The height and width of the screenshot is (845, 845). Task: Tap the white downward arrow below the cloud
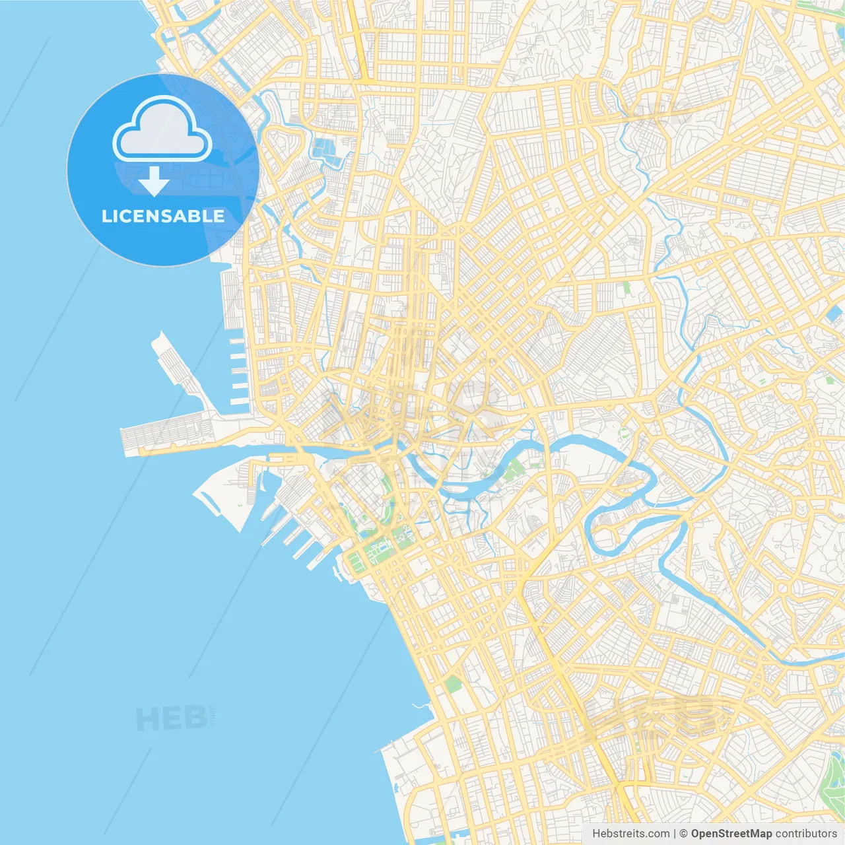(154, 182)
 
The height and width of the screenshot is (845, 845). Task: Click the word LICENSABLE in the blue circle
(162, 217)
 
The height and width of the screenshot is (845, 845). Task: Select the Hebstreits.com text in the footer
(630, 834)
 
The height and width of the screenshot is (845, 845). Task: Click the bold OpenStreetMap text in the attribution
(731, 834)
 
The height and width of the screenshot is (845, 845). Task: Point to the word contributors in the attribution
(805, 834)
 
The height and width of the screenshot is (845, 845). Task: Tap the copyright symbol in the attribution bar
(683, 834)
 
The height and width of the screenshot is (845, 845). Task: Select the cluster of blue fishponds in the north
(327, 151)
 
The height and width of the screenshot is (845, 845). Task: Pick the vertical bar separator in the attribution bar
(675, 834)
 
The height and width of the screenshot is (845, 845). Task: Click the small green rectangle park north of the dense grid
(625, 288)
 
